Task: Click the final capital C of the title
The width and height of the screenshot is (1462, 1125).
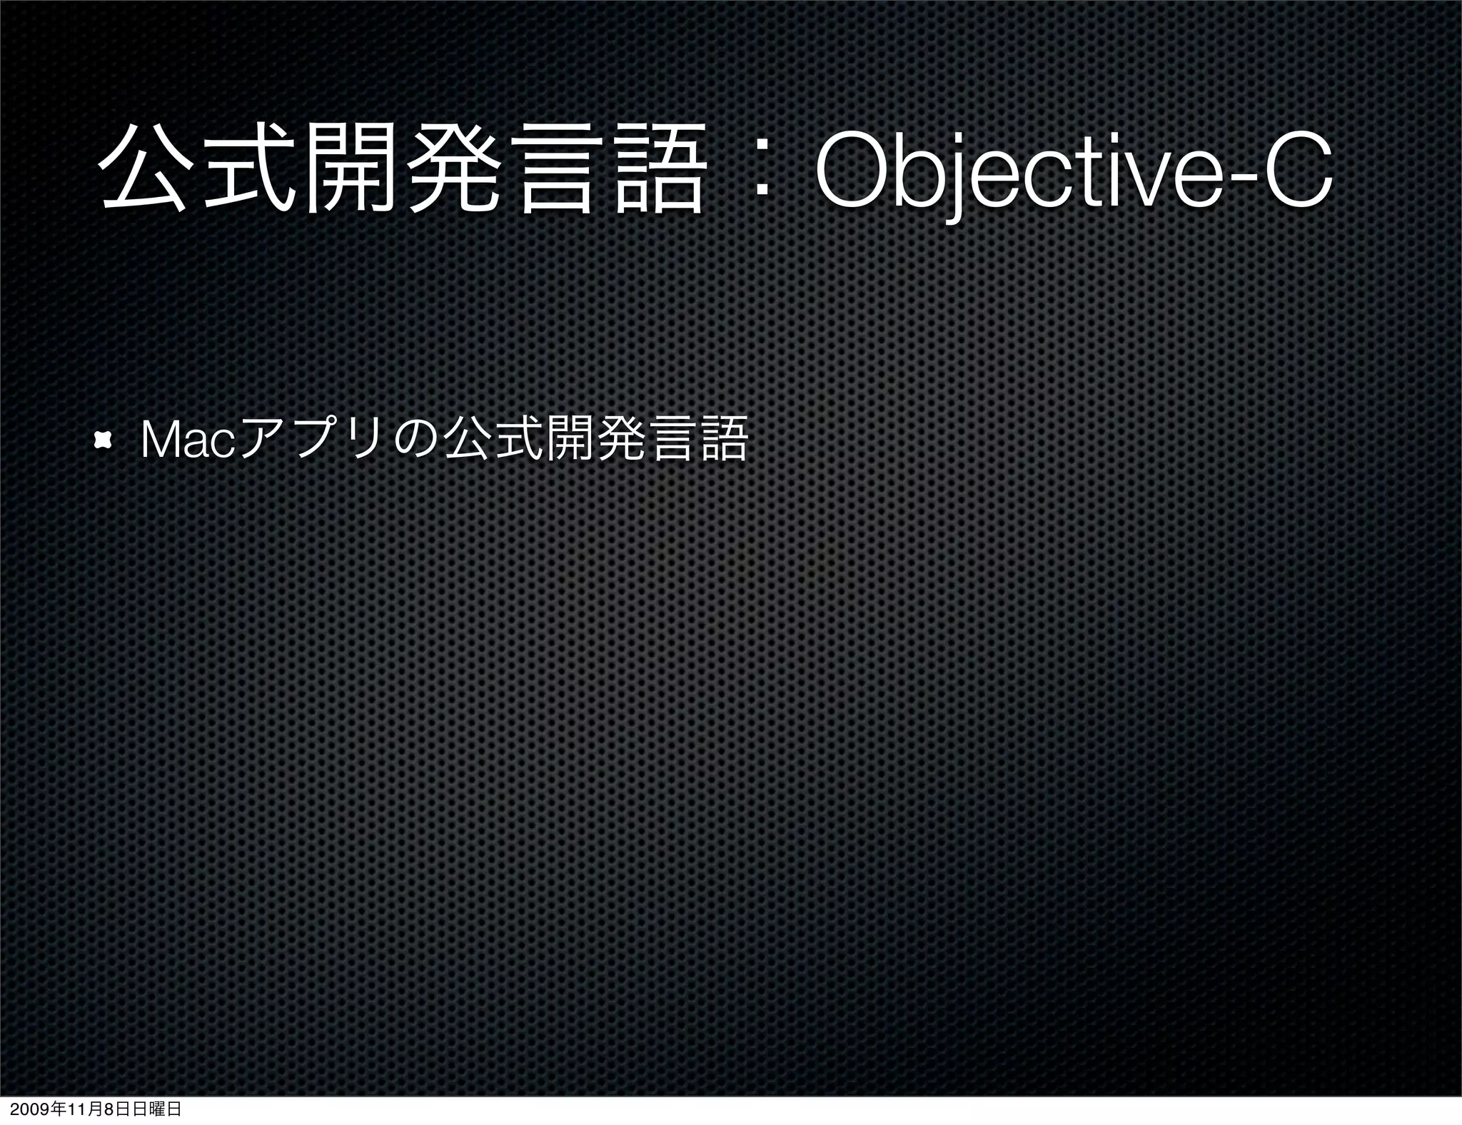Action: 1297,171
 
